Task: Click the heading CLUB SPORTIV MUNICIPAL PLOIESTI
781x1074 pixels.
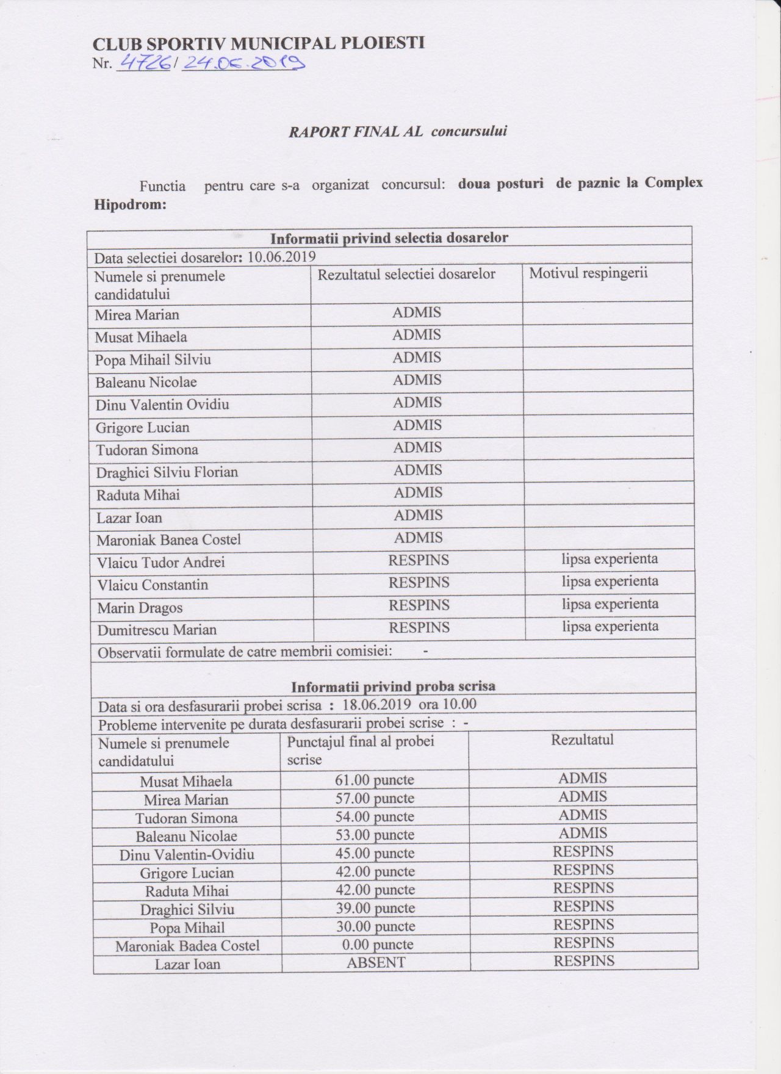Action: (x=259, y=43)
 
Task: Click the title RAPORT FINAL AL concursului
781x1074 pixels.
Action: (x=398, y=131)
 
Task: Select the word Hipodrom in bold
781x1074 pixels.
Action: (x=130, y=204)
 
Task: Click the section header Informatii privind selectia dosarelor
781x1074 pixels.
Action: (x=389, y=238)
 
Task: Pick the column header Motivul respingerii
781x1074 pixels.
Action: (x=588, y=273)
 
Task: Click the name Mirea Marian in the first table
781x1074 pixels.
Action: (x=137, y=315)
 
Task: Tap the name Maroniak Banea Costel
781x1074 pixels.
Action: (x=168, y=540)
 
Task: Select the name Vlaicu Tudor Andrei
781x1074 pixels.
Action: (x=161, y=562)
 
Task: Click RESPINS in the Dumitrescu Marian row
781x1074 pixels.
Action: (x=419, y=628)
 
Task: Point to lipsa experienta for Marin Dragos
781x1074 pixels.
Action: (x=610, y=604)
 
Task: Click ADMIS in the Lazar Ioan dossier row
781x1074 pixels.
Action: (x=418, y=516)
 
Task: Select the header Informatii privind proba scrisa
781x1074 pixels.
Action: (x=393, y=686)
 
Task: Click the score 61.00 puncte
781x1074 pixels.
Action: (x=375, y=780)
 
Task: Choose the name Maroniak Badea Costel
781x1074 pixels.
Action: (x=187, y=946)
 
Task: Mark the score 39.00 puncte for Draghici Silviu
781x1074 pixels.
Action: (x=375, y=909)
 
